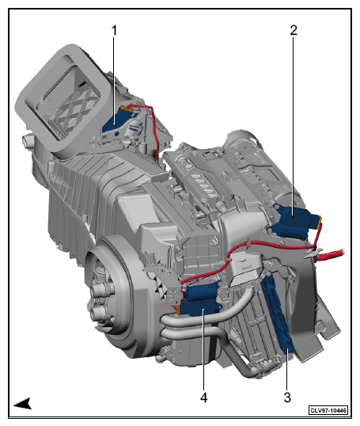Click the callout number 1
[x=114, y=30]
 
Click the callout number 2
[x=294, y=30]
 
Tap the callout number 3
[x=287, y=397]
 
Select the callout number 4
[x=204, y=397]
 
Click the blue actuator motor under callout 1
[x=116, y=122]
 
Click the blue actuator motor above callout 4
[x=200, y=299]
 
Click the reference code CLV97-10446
[x=328, y=410]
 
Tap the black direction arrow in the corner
[x=23, y=404]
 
